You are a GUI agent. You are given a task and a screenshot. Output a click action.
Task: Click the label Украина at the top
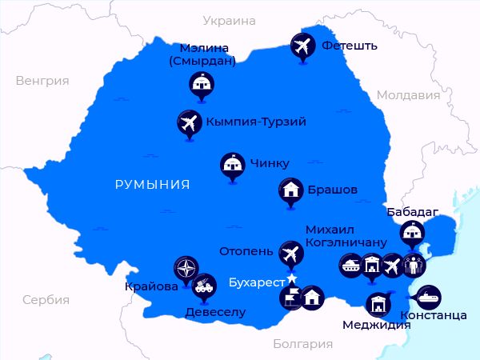point(229,21)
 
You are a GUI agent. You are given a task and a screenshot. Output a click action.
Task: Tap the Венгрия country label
point(42,81)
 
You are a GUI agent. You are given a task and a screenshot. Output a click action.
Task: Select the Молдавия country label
point(408,95)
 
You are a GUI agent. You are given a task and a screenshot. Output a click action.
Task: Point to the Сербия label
point(46,300)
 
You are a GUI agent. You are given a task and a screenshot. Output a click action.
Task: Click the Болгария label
point(302,344)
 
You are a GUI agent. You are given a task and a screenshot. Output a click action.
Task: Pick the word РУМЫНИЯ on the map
point(152,185)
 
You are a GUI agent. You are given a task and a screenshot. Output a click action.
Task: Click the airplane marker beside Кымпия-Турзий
point(188,122)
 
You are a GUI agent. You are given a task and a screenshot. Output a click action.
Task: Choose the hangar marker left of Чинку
point(232,164)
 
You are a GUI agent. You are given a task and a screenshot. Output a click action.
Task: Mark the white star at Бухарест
point(292,278)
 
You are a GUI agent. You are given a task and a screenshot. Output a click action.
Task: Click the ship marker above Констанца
point(427,296)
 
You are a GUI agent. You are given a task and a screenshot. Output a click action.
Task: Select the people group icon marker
point(414,265)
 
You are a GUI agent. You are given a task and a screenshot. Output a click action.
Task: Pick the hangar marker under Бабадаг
point(412,234)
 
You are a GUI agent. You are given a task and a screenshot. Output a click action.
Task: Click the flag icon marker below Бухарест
point(290,297)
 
